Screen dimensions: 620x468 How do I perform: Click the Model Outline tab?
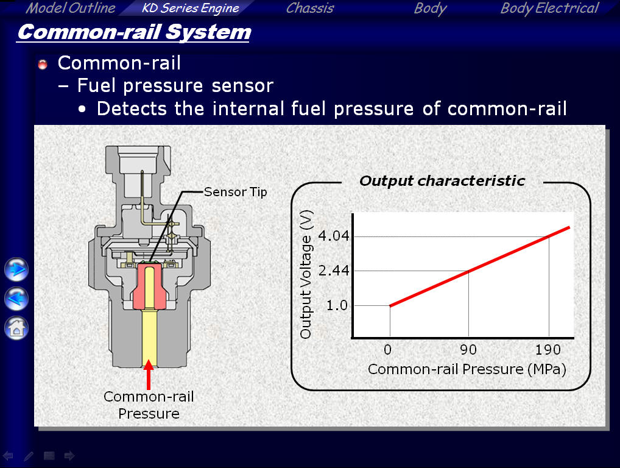coord(71,8)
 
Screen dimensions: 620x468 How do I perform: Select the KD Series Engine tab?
coord(190,8)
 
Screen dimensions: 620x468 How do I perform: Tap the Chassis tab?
coord(310,8)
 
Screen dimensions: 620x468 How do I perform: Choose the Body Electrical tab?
coord(549,9)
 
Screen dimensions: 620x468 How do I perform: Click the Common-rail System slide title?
coord(134,32)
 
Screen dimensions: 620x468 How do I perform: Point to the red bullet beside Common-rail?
coord(43,64)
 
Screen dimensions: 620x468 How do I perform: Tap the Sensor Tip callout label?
coord(235,192)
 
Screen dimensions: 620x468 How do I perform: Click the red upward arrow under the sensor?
coord(149,374)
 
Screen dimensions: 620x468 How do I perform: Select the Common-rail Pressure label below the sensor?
coord(149,405)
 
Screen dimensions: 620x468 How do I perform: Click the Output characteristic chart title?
coord(442,181)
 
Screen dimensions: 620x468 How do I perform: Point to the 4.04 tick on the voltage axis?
coord(334,236)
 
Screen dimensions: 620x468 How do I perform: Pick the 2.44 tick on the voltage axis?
coord(334,271)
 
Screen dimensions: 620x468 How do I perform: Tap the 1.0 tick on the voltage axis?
coord(337,305)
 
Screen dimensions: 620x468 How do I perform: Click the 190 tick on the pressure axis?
coord(548,350)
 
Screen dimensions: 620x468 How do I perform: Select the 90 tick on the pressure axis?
coord(468,350)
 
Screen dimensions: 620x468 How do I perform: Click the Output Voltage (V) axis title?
coord(306,274)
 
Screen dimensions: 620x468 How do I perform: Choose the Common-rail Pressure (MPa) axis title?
coord(467,369)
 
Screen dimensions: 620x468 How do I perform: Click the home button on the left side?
coord(16,328)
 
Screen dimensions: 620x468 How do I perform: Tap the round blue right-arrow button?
coord(16,269)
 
